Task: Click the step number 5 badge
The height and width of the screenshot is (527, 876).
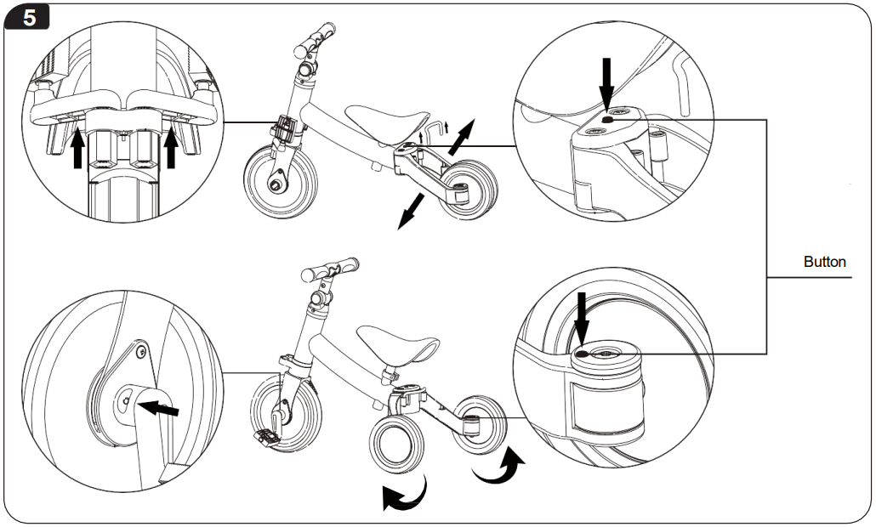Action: pyautogui.click(x=29, y=18)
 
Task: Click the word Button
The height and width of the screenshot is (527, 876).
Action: pyautogui.click(x=824, y=262)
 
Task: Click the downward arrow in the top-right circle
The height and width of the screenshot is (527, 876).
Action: pyautogui.click(x=606, y=82)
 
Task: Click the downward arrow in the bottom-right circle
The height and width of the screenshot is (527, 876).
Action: pyautogui.click(x=582, y=318)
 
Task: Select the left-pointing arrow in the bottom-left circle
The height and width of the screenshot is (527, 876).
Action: pyautogui.click(x=161, y=410)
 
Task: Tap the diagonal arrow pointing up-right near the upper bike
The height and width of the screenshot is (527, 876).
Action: pyautogui.click(x=464, y=134)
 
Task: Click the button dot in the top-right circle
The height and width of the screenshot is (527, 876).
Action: pyautogui.click(x=606, y=120)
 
